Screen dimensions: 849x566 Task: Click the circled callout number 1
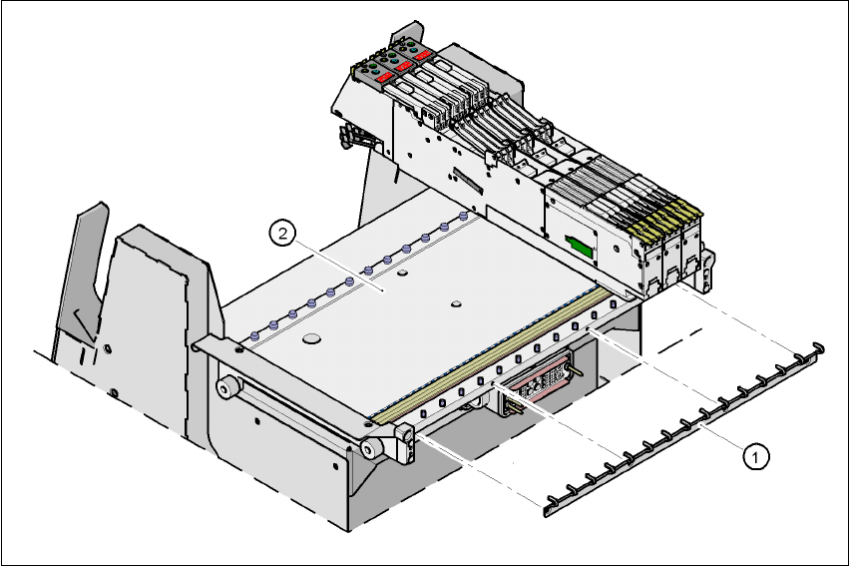click(x=755, y=456)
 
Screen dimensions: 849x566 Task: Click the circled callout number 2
click(x=282, y=234)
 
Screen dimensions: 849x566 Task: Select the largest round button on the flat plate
click(x=311, y=339)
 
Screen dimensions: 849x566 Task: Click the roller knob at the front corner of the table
click(x=370, y=448)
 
